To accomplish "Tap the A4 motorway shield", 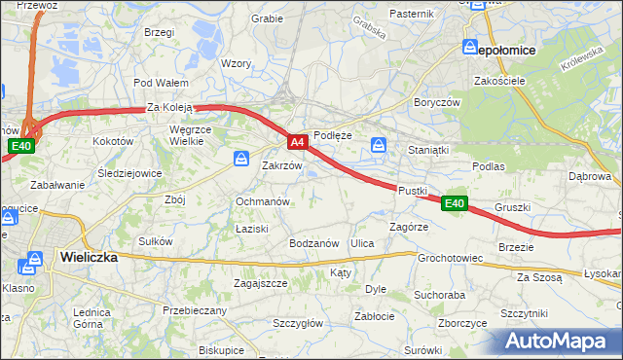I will pyautogui.click(x=299, y=142).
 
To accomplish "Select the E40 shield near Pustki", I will pyautogui.click(x=454, y=203).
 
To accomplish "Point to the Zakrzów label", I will pyautogui.click(x=282, y=165).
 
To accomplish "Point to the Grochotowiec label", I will pyautogui.click(x=450, y=259).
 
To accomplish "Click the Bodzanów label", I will pyautogui.click(x=313, y=242).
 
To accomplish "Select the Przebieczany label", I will pyautogui.click(x=195, y=310).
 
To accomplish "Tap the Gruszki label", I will pyautogui.click(x=512, y=207).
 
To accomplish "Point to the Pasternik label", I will pyautogui.click(x=411, y=14).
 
